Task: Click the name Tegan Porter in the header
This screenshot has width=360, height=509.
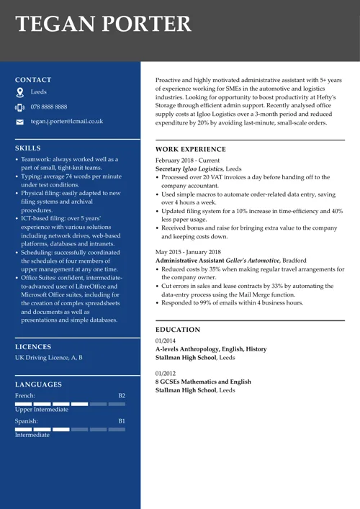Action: click(x=104, y=24)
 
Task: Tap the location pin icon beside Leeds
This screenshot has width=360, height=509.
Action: click(x=20, y=92)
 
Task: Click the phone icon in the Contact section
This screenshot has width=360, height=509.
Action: click(x=20, y=107)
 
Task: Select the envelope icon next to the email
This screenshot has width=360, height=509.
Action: click(x=20, y=122)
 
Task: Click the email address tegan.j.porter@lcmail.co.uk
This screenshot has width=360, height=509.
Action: click(x=67, y=122)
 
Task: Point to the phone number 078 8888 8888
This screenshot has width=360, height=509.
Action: click(x=49, y=107)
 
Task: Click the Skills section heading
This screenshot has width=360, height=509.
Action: click(x=28, y=148)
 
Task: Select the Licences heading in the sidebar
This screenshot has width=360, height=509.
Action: click(x=32, y=346)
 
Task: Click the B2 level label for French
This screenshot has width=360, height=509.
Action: click(x=122, y=395)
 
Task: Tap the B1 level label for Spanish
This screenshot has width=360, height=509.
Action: click(x=122, y=420)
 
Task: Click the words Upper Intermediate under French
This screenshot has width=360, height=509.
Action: click(x=42, y=410)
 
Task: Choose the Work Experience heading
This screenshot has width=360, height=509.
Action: click(x=191, y=149)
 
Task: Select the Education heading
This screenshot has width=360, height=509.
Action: click(x=178, y=330)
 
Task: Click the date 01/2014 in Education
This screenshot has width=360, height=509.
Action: click(x=165, y=341)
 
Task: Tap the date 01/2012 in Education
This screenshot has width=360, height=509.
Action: click(x=165, y=373)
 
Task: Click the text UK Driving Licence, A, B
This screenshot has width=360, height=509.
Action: click(x=49, y=357)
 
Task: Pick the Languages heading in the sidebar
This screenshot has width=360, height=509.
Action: click(x=38, y=384)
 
